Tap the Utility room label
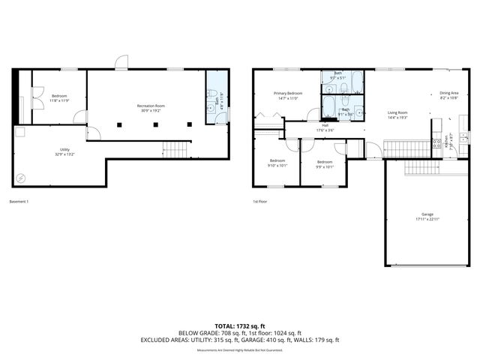(x=64, y=150)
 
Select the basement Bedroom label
(x=59, y=96)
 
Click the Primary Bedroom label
(x=288, y=93)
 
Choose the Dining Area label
(x=448, y=93)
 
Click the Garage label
(x=427, y=214)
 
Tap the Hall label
(x=325, y=125)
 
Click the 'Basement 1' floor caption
(x=20, y=201)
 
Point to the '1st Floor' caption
(x=260, y=201)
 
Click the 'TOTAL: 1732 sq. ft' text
(x=240, y=325)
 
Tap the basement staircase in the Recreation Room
(x=175, y=150)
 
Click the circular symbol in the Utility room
(x=20, y=178)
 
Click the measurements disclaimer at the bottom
(x=240, y=350)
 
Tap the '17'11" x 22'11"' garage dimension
(x=427, y=219)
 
